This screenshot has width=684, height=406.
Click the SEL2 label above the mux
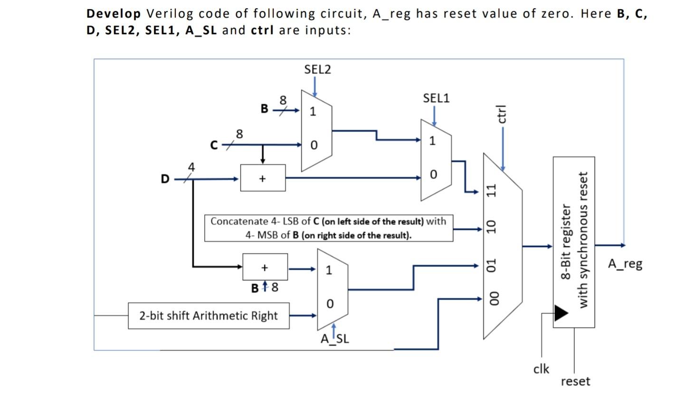[317, 70]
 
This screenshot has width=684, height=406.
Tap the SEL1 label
[436, 98]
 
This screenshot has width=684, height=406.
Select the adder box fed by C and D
[263, 178]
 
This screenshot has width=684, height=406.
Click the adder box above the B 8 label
[265, 267]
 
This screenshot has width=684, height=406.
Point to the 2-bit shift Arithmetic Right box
[209, 316]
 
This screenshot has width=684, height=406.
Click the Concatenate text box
[328, 228]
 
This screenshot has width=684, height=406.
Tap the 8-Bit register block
[573, 242]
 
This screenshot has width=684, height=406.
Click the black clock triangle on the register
[561, 313]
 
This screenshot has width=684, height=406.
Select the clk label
[541, 369]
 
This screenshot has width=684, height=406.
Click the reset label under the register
[575, 381]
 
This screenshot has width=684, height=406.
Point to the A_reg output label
[625, 264]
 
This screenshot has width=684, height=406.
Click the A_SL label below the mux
[334, 339]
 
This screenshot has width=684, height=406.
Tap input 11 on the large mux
[492, 190]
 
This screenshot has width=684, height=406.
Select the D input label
[165, 179]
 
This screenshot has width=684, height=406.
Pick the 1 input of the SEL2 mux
[313, 112]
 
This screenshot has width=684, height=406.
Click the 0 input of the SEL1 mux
[433, 175]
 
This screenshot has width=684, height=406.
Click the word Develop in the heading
[114, 13]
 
